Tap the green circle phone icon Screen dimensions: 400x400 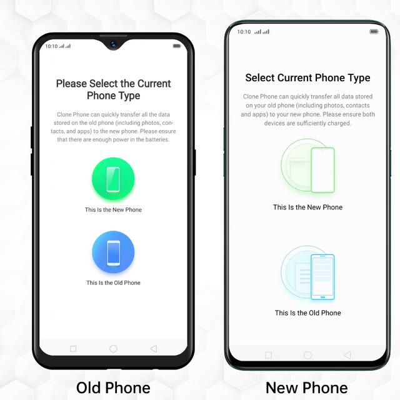click(x=113, y=179)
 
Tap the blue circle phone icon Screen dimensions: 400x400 click(x=113, y=252)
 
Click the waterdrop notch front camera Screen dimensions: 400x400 click(x=113, y=44)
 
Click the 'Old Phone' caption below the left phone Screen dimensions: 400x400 click(x=113, y=387)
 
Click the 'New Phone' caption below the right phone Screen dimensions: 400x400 click(x=307, y=387)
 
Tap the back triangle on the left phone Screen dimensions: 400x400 click(x=154, y=349)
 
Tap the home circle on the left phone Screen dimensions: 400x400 click(x=113, y=349)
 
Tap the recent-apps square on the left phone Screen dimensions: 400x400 click(x=73, y=349)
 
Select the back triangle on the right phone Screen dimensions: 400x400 click(x=347, y=355)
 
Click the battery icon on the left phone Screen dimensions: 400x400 click(x=177, y=46)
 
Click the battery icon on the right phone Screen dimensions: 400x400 click(x=374, y=31)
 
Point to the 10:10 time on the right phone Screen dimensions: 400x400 click(x=244, y=32)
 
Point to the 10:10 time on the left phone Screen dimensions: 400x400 click(x=51, y=46)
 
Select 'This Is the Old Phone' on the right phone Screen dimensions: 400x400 click(x=307, y=312)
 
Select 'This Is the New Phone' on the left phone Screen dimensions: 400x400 click(x=113, y=210)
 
